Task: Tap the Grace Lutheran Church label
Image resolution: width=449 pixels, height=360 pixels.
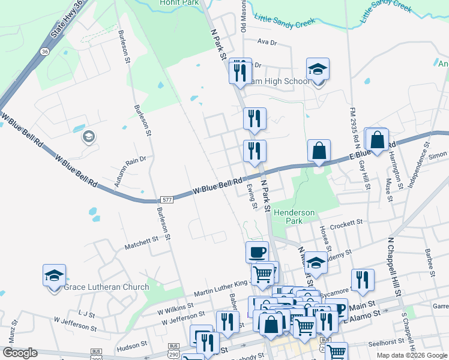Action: pyautogui.click(x=106, y=287)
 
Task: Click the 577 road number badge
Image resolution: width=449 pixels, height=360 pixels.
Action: pyautogui.click(x=167, y=200)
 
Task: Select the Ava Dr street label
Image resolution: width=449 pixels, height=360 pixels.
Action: pyautogui.click(x=267, y=43)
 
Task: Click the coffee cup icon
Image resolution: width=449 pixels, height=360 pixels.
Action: pyautogui.click(x=257, y=251)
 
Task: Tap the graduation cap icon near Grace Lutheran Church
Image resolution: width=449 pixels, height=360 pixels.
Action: pyautogui.click(x=54, y=276)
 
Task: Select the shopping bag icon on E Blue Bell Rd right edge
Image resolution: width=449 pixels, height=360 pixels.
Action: pyautogui.click(x=377, y=140)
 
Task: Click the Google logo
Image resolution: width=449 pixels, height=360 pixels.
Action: pyautogui.click(x=20, y=353)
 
